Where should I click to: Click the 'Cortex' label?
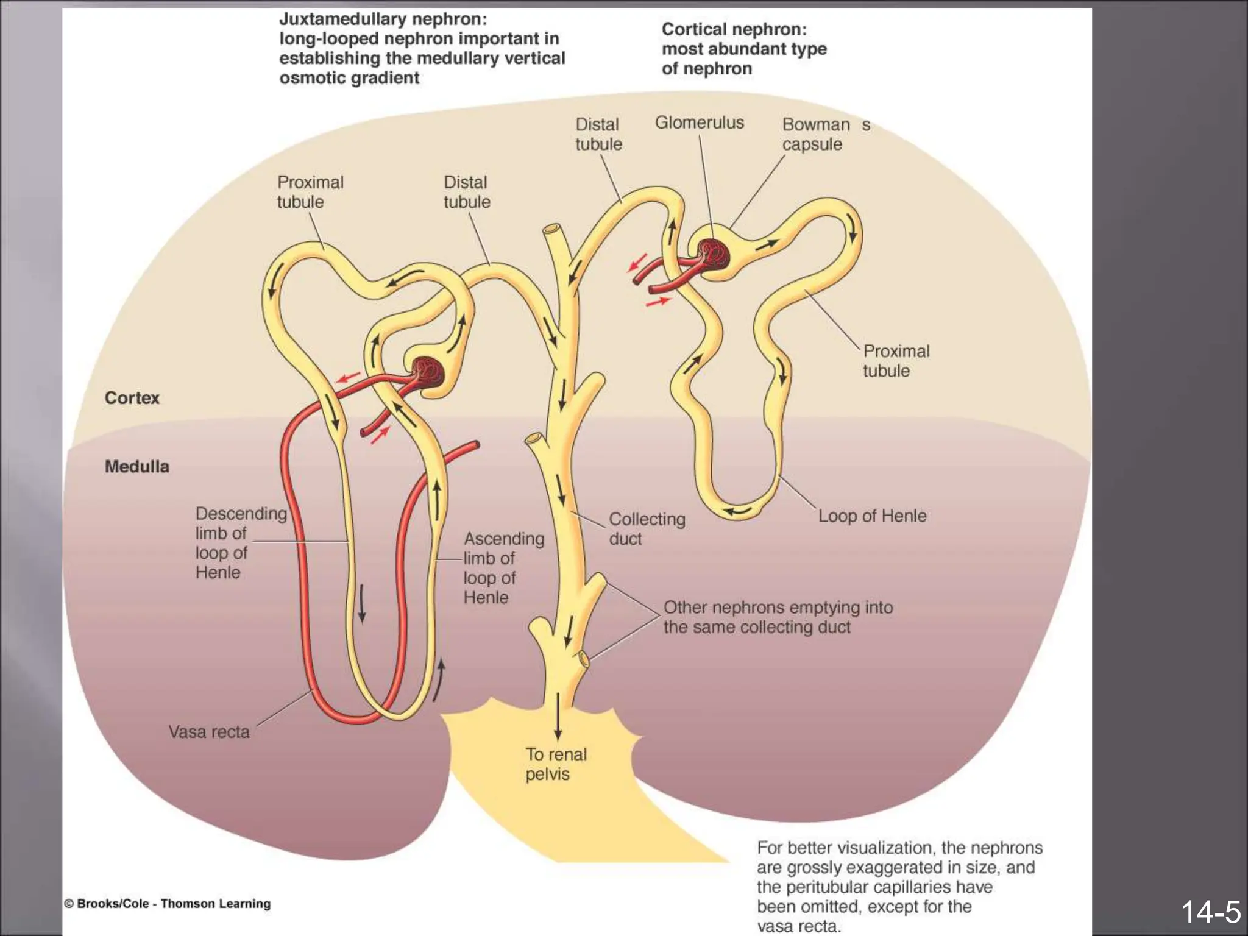[x=132, y=398]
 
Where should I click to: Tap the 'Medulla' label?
[x=136, y=467]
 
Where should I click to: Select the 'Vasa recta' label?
[x=209, y=732]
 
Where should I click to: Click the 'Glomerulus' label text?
[x=699, y=122]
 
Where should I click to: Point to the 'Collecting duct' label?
[x=647, y=528]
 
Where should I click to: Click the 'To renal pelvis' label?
[x=556, y=764]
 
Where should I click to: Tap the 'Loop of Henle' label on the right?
[x=871, y=516]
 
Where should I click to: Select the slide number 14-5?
[x=1210, y=912]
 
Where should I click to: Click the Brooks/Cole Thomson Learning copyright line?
[x=168, y=904]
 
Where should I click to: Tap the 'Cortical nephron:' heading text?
[x=734, y=29]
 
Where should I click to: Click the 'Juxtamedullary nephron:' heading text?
[x=383, y=19]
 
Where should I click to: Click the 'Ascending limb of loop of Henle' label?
[x=503, y=568]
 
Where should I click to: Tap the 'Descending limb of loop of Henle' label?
[x=241, y=542]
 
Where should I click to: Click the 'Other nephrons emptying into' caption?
[x=778, y=608]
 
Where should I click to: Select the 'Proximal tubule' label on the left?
[x=310, y=192]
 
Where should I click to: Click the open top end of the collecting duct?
[x=553, y=230]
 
